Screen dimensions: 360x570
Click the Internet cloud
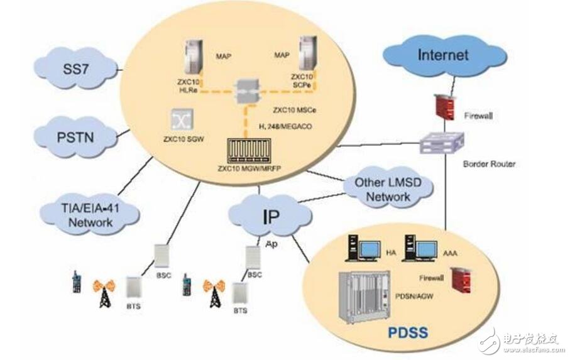[443, 55]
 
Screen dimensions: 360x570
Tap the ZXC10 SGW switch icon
[180, 119]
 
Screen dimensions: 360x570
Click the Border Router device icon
[442, 142]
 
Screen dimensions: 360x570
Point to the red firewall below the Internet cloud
[445, 102]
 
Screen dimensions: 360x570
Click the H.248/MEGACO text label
[285, 126]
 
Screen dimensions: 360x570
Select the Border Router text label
[489, 164]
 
